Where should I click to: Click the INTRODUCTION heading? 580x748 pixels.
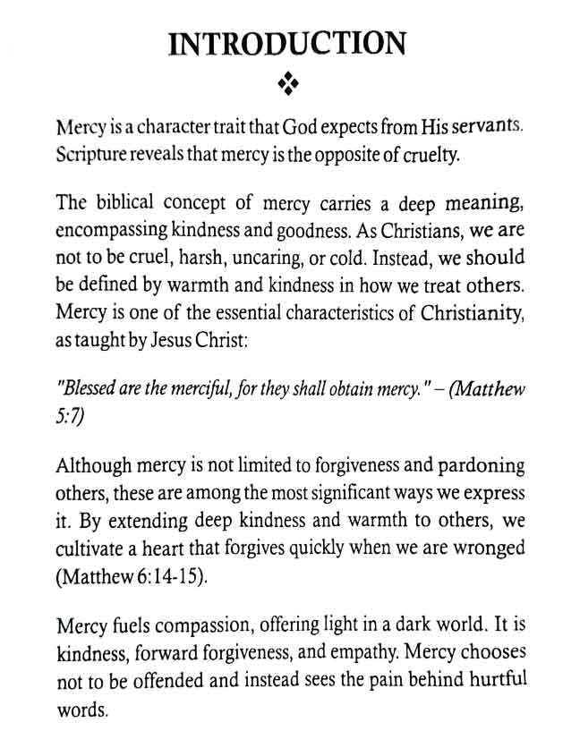pyautogui.click(x=288, y=44)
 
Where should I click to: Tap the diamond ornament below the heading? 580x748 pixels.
pyautogui.click(x=287, y=83)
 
